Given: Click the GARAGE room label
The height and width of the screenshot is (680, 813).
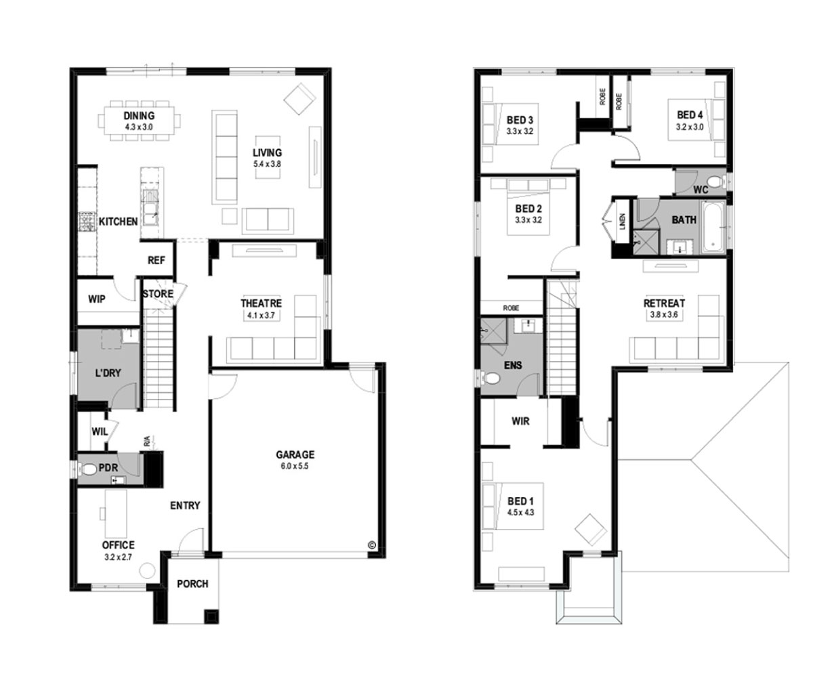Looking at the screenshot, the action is (295, 454).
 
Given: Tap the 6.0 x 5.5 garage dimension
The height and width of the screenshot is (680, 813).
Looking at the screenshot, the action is (295, 466).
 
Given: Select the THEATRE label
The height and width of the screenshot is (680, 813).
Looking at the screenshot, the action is (261, 303).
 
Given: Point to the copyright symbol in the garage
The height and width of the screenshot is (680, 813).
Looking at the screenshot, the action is (371, 545).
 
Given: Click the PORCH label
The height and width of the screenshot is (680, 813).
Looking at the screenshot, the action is (192, 584).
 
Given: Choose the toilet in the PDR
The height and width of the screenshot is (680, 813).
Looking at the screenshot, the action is (88, 469).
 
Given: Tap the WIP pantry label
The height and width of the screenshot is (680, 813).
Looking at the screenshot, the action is (97, 299).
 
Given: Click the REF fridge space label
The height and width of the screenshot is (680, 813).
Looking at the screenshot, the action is (156, 260).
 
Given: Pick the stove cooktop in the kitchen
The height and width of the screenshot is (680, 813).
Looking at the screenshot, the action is (87, 222).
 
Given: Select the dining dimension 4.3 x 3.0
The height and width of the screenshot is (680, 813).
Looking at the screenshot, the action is (139, 127).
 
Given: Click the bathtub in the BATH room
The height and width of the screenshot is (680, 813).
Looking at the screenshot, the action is (713, 226).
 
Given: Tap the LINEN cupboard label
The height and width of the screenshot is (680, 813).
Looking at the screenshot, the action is (622, 221).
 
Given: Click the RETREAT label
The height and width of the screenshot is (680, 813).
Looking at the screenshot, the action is (664, 303).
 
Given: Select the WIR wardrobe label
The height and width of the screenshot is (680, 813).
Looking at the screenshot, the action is (520, 421).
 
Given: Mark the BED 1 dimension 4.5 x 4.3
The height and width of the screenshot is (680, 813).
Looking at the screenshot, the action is (520, 512).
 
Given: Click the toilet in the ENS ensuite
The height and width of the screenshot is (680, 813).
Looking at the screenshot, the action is (491, 378).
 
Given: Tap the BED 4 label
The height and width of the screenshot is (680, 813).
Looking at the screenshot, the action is (690, 115).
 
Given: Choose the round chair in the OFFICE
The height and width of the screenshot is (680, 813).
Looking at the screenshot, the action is (147, 571).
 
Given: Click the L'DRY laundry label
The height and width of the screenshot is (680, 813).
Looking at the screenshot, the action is (108, 373).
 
